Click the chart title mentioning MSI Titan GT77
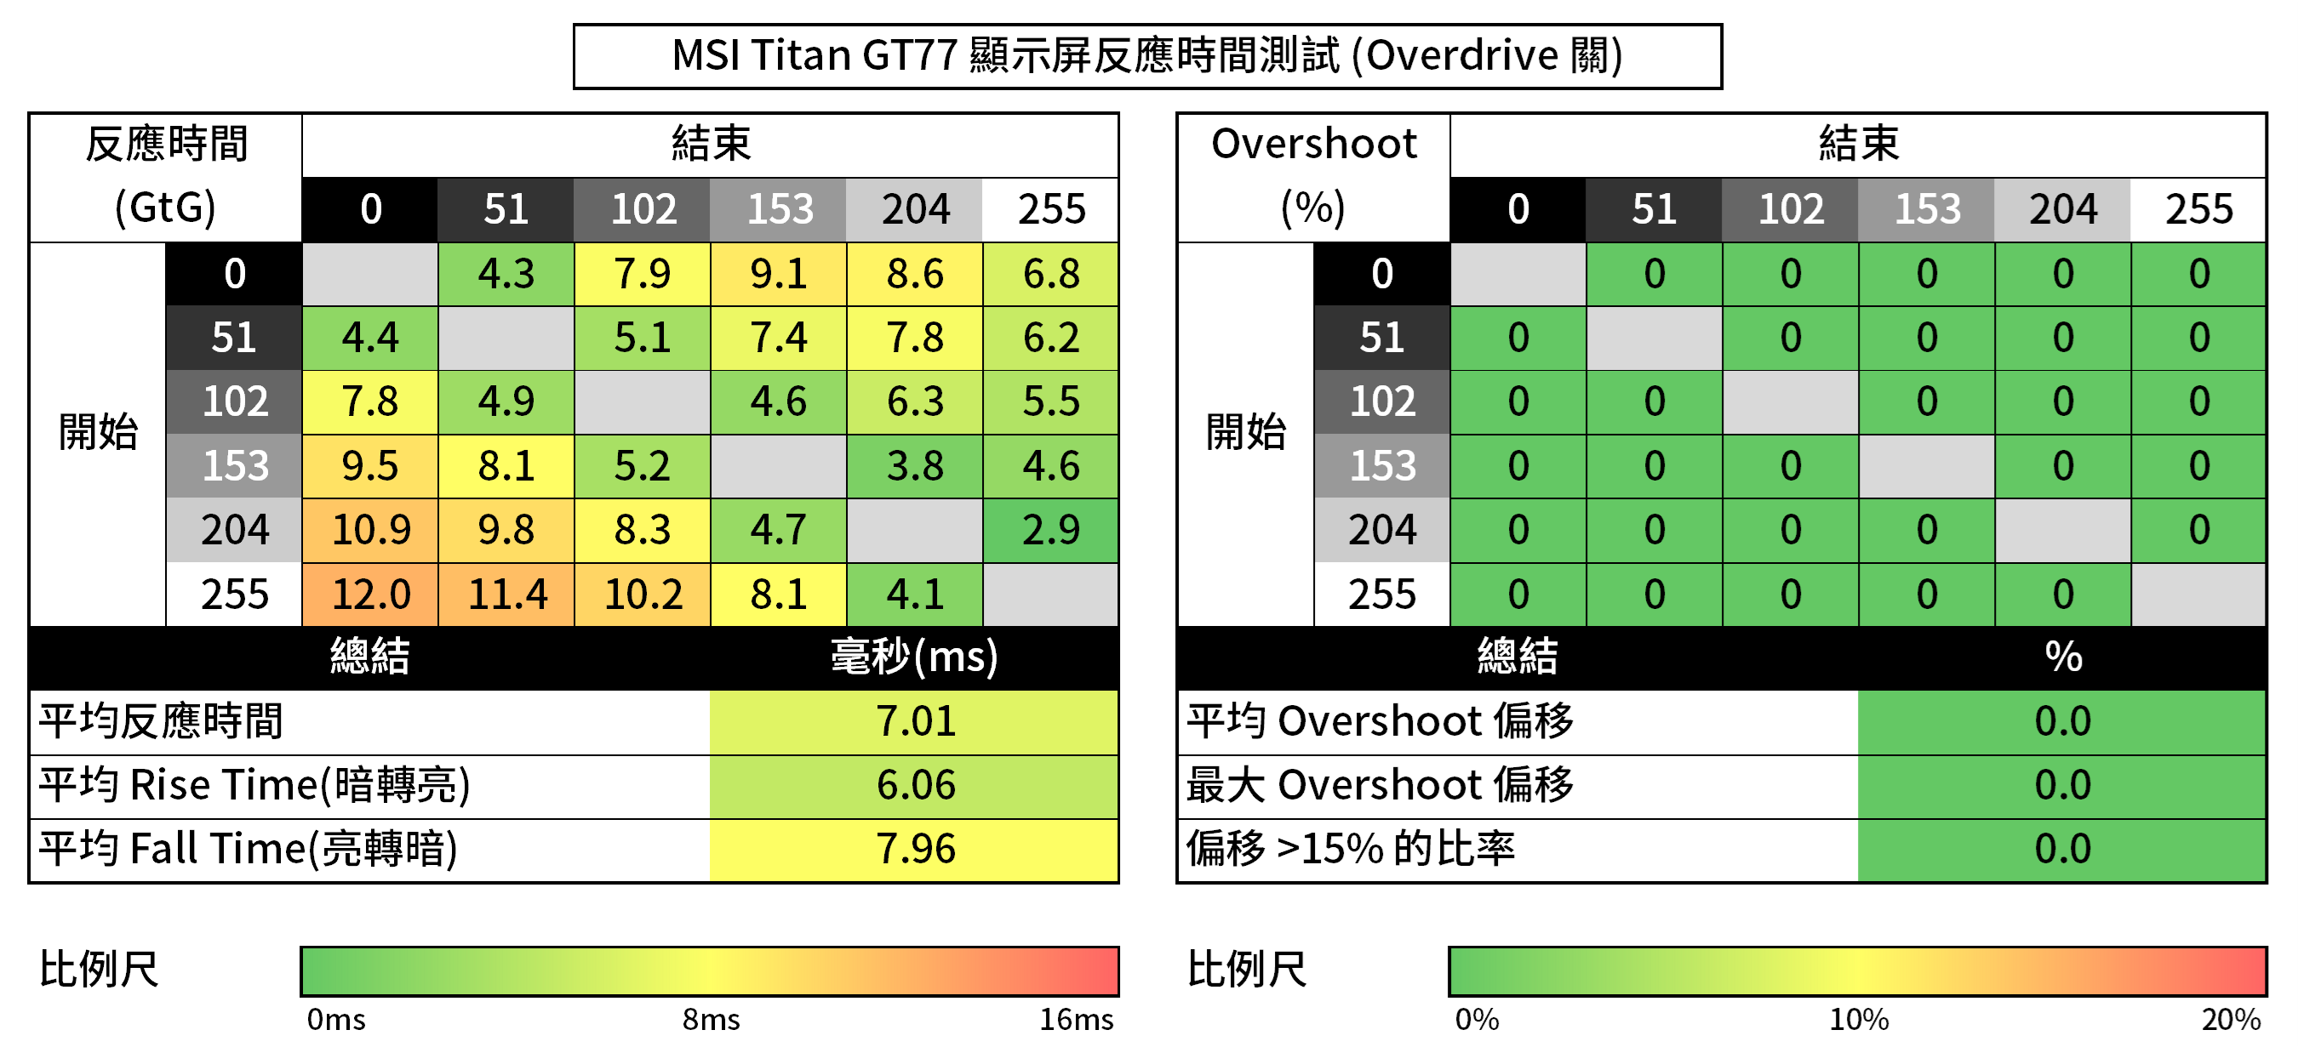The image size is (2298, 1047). (1146, 55)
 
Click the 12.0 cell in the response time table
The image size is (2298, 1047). (370, 594)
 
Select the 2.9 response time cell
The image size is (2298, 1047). (1051, 530)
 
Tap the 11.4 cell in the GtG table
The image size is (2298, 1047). (506, 594)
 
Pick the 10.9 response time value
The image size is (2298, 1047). (370, 530)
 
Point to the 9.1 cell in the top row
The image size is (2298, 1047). (779, 274)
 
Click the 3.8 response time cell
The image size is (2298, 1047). (914, 465)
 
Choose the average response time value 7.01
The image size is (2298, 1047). (915, 721)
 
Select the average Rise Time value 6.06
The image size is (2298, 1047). (915, 786)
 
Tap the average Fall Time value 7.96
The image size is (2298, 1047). (915, 849)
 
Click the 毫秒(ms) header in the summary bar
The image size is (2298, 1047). (914, 657)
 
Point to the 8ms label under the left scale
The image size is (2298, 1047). (711, 1019)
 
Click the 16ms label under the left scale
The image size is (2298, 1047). (1076, 1019)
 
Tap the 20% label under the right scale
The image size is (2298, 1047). (2230, 1019)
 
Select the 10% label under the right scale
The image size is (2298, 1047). (1859, 1019)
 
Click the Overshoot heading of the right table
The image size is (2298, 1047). (1313, 145)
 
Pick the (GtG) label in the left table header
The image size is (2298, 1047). (165, 208)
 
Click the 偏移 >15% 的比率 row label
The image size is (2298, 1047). (1350, 849)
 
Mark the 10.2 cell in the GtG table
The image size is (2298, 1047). (643, 594)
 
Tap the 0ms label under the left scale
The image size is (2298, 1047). (335, 1019)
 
